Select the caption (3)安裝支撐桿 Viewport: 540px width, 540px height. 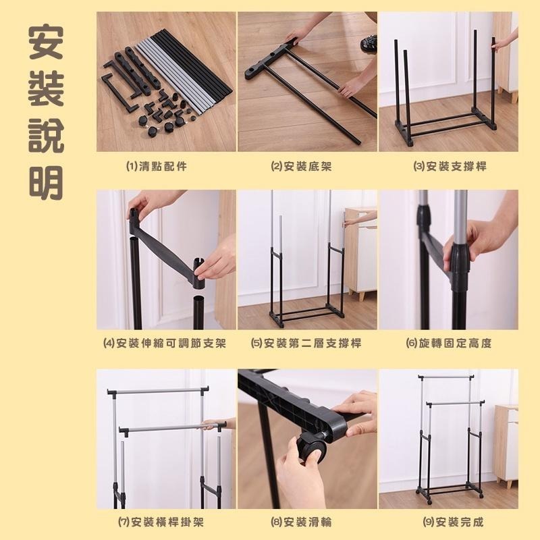(x=450, y=165)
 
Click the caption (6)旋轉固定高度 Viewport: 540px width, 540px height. (x=449, y=343)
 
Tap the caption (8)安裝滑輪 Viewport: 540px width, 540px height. (x=301, y=522)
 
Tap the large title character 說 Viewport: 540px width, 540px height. (x=47, y=135)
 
